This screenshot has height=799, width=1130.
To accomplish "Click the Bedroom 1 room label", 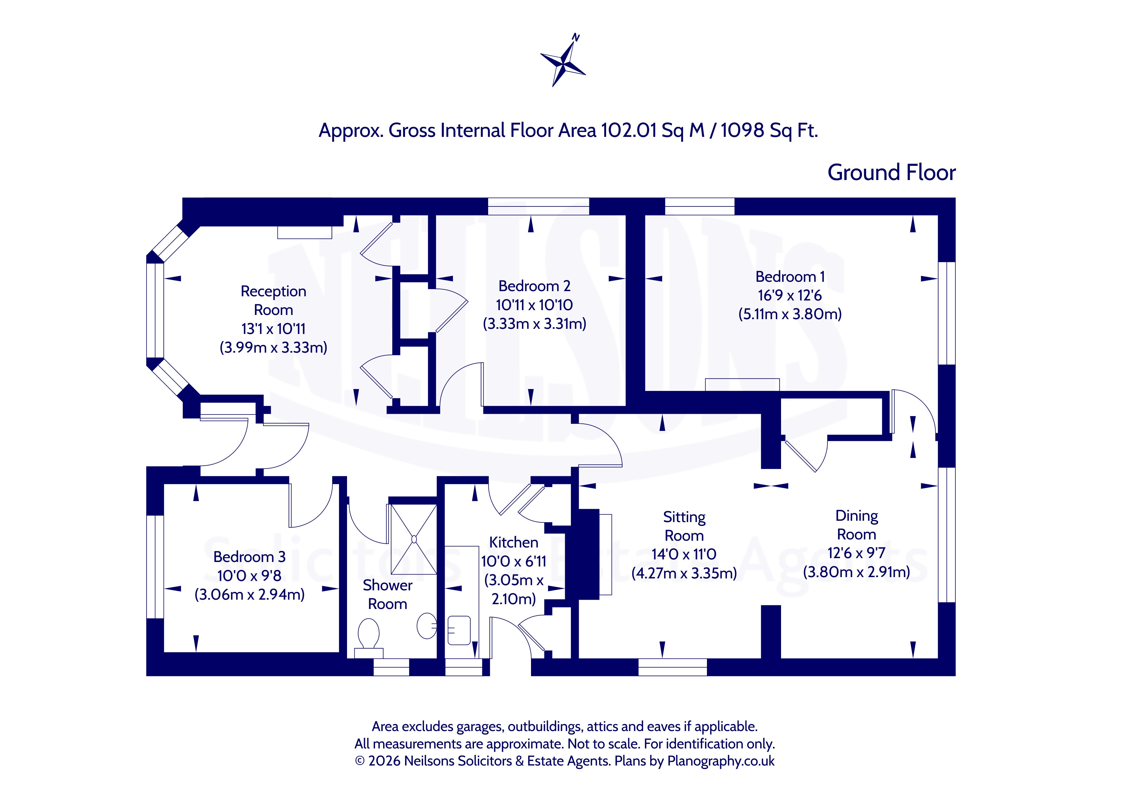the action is tap(790, 277).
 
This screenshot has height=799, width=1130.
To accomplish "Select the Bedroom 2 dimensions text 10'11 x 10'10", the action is tap(534, 305).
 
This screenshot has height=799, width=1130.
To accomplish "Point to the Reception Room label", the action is tap(273, 300).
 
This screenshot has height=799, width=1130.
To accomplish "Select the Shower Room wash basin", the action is tap(426, 626).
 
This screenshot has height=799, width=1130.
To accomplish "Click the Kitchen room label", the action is tap(513, 542).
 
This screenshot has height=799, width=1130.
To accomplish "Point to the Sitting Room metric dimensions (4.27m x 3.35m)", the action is tap(684, 573).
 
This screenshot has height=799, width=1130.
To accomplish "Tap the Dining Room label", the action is tap(856, 525).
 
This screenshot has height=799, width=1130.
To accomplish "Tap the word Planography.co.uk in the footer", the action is tap(720, 761).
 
